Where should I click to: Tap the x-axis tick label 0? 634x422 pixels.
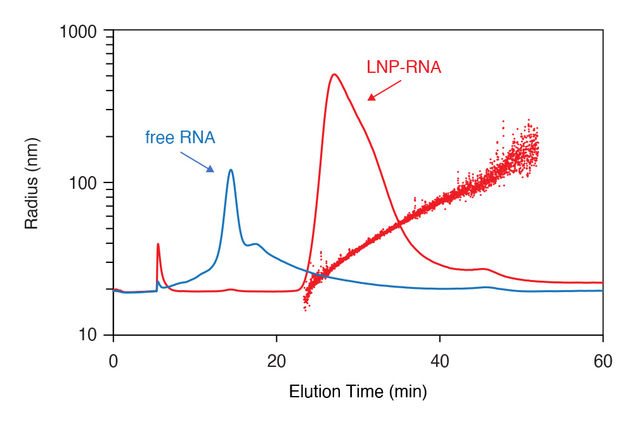click(x=113, y=361)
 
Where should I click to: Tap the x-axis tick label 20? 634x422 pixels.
click(x=276, y=361)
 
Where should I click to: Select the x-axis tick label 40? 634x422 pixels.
click(x=439, y=361)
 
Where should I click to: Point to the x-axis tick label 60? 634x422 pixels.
click(x=603, y=361)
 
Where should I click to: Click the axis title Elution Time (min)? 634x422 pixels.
click(x=358, y=392)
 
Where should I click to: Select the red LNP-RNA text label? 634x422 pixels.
click(x=404, y=67)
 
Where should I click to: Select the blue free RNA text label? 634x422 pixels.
click(x=180, y=137)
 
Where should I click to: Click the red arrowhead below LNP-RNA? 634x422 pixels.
click(x=372, y=97)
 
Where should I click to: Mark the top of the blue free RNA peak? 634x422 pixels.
click(x=231, y=170)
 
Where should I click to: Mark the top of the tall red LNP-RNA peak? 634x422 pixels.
click(x=334, y=74)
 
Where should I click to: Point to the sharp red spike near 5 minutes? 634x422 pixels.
click(x=157, y=244)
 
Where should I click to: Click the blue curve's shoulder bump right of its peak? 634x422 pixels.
click(x=255, y=244)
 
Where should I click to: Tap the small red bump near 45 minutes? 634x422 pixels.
click(x=484, y=269)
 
